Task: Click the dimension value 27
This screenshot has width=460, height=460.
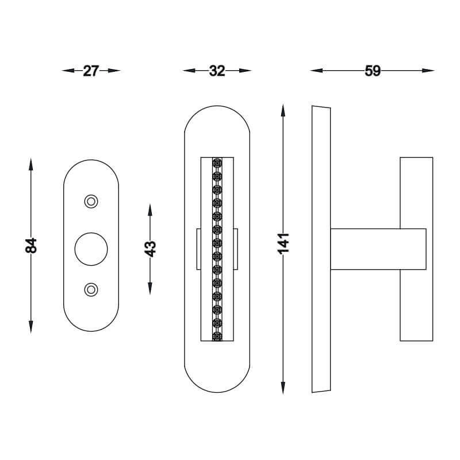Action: click(91, 71)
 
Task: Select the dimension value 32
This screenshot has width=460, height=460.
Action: click(217, 71)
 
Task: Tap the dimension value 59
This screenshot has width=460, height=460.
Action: click(373, 71)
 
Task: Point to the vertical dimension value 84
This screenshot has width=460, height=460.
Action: click(31, 246)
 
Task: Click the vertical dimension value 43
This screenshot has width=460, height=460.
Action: click(150, 249)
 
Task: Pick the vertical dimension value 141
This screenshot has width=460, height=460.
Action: click(283, 243)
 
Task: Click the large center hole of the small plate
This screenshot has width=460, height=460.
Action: click(91, 249)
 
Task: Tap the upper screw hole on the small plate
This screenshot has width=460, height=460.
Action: click(91, 202)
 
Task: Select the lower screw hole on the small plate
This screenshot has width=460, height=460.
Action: click(91, 290)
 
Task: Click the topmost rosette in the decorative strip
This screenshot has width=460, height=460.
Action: click(217, 163)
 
